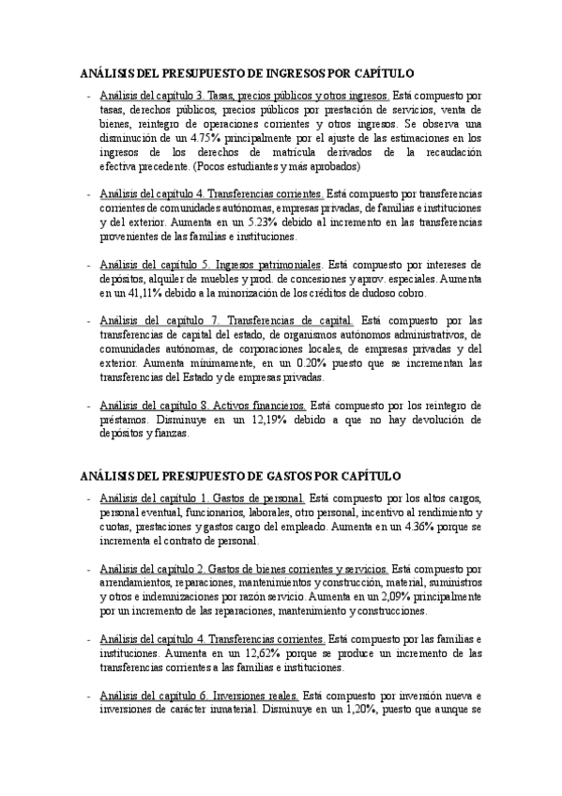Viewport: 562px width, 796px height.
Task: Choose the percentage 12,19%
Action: click(x=253, y=420)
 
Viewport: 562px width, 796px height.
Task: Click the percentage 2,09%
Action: click(x=391, y=596)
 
